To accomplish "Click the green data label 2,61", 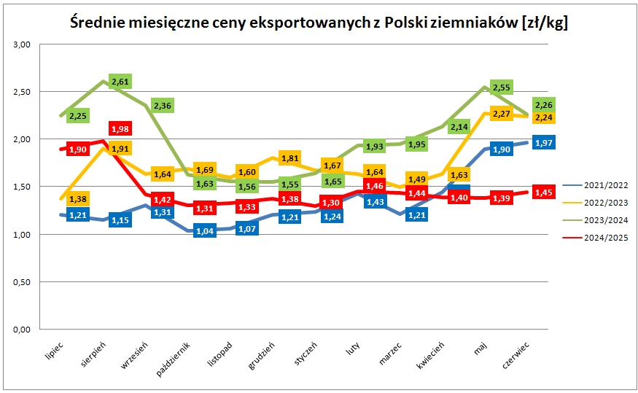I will pyautogui.click(x=120, y=81).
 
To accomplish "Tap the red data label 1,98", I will pyautogui.click(x=119, y=129).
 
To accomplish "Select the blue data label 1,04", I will pyautogui.click(x=205, y=231).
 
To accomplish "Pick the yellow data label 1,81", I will pyautogui.click(x=289, y=158).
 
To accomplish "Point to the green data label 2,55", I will pyautogui.click(x=501, y=87).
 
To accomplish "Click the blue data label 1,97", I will pyautogui.click(x=542, y=143).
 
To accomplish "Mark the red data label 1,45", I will pyautogui.click(x=542, y=192).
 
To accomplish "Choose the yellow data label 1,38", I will pyautogui.click(x=78, y=198).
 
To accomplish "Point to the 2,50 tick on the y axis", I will pyautogui.click(x=22, y=92).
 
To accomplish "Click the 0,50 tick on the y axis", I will pyautogui.click(x=22, y=282).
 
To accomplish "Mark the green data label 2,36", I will pyautogui.click(x=163, y=106).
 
